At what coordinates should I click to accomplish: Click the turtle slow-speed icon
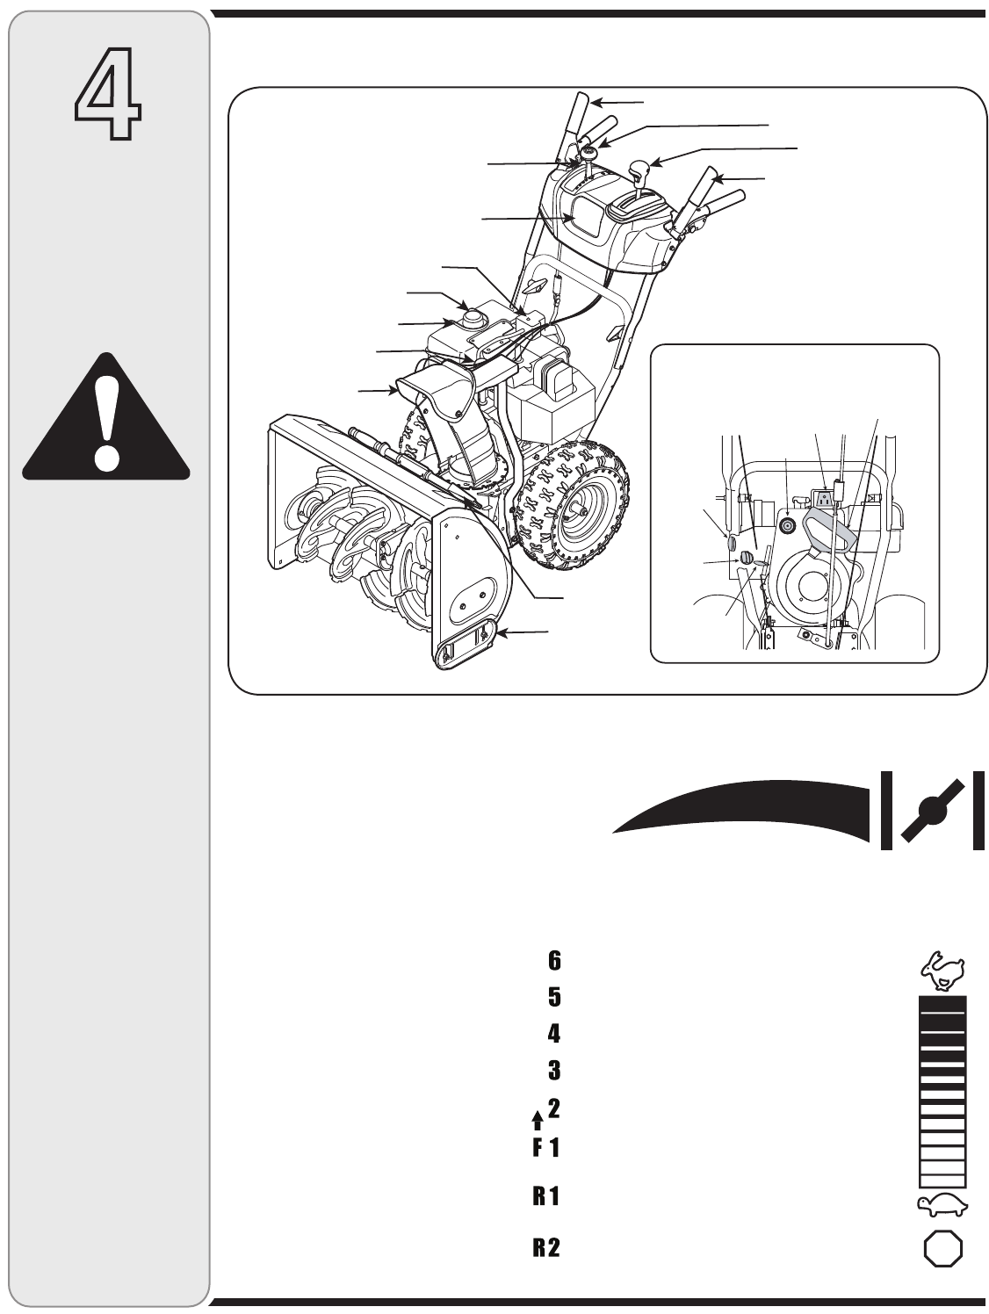click(x=942, y=1205)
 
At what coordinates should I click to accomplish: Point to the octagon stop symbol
click(x=942, y=1248)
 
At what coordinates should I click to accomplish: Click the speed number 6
click(x=554, y=961)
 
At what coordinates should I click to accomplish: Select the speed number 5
click(x=554, y=998)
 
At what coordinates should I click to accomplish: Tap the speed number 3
click(x=554, y=1071)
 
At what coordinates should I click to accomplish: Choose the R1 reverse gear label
click(x=546, y=1197)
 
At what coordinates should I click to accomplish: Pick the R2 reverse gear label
click(x=546, y=1248)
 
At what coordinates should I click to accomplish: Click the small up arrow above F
click(x=538, y=1120)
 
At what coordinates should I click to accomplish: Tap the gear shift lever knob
click(x=641, y=168)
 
